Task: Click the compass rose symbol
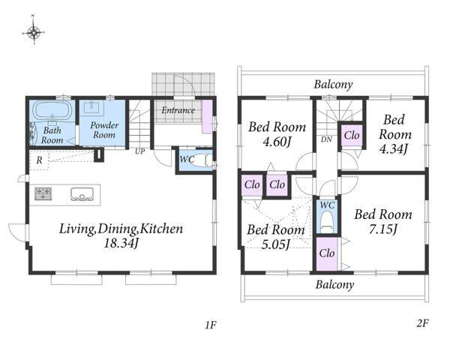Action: pos(34,31)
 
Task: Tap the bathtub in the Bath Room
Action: pos(52,110)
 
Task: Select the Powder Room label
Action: pos(104,130)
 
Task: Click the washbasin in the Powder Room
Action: pos(91,107)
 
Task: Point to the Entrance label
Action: pos(178,110)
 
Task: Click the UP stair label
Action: pos(140,151)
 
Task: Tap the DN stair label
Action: pos(326,139)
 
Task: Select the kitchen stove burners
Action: pos(43,193)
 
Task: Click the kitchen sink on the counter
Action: pos(82,194)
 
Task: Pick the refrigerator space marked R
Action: pos(39,160)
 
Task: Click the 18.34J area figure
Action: pos(121,244)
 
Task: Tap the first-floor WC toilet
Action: pos(208,160)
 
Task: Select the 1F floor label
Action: pos(210,325)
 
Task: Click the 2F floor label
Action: pos(422,323)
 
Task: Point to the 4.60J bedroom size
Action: pos(277,142)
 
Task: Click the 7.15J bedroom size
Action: pos(383,229)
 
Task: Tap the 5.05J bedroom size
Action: pos(275,244)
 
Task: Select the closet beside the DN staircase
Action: pos(352,135)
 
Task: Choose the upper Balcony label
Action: pos(333,85)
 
